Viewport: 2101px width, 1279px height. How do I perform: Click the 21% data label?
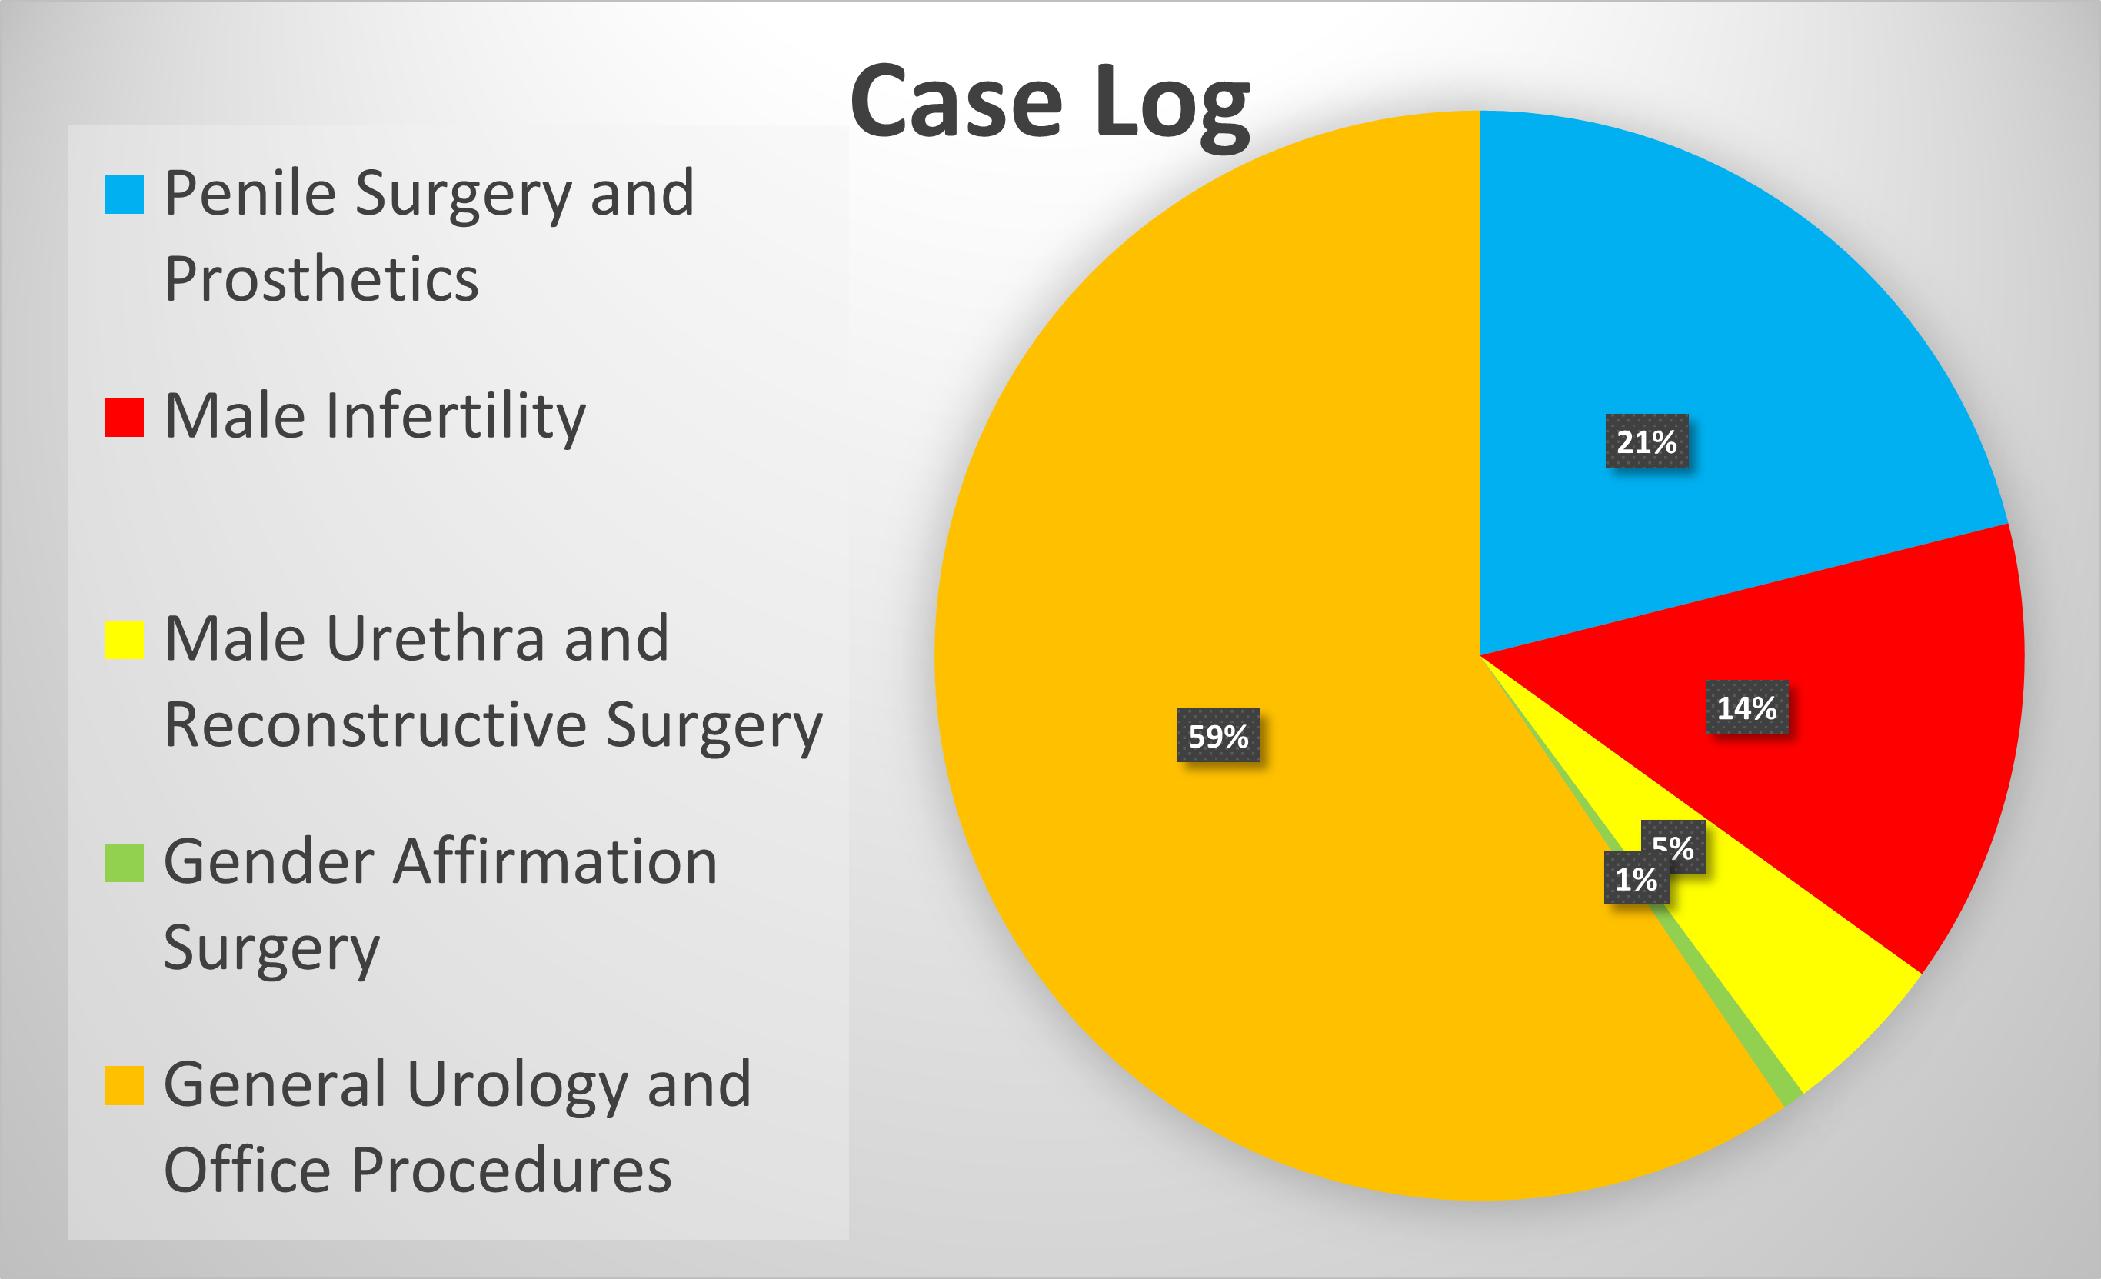1647,441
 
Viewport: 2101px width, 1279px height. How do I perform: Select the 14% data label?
1746,707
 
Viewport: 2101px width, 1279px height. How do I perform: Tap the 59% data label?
1218,735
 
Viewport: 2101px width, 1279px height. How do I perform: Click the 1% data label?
1636,878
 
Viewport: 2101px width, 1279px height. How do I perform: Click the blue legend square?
125,195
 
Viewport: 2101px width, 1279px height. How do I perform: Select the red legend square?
125,417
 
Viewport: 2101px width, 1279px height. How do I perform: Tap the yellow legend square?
125,640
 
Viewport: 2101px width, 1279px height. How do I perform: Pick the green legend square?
125,862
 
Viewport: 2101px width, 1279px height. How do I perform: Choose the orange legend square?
125,1084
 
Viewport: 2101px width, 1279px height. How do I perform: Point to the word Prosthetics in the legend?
321,279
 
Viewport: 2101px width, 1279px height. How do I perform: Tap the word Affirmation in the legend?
554,862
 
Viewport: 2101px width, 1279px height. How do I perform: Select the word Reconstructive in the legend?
375,724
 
